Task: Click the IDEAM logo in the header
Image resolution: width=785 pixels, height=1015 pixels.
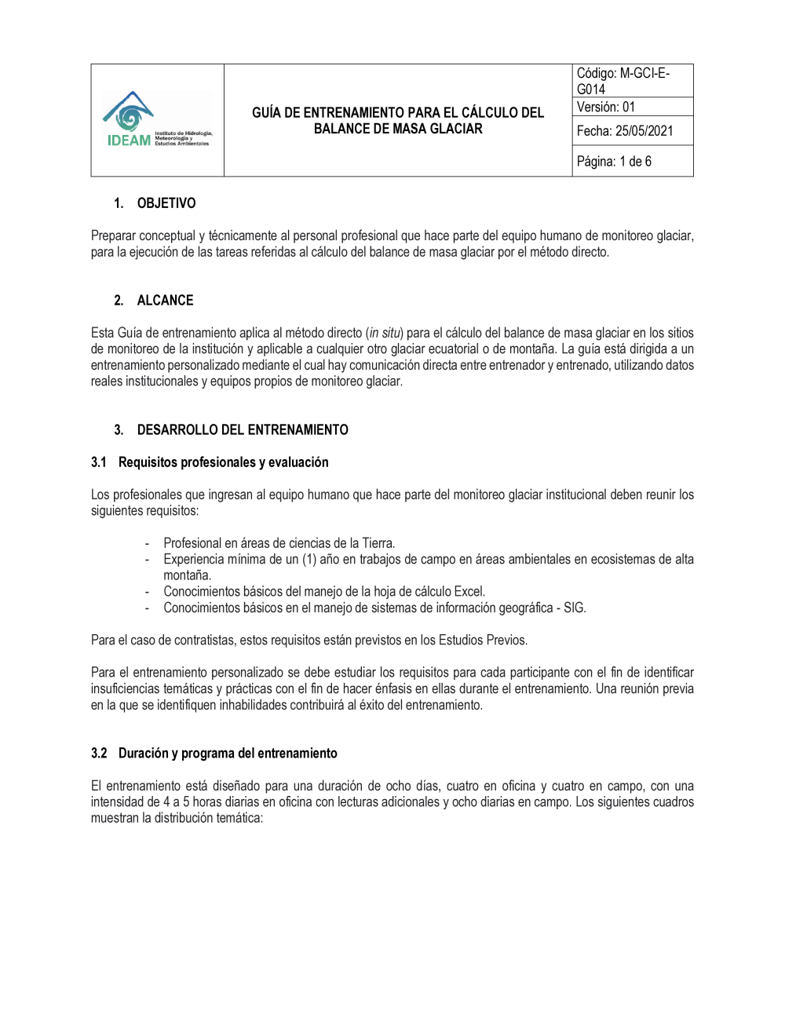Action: pos(156,119)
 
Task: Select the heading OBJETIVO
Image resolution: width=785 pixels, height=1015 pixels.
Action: pos(166,203)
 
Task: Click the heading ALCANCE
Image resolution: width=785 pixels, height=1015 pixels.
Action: pos(165,301)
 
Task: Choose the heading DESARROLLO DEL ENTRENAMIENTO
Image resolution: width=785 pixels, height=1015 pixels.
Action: pos(243,430)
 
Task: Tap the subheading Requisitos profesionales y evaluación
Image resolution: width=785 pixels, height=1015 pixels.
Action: pos(223,462)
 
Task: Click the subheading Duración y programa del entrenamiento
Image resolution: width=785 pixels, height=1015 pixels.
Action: pos(228,754)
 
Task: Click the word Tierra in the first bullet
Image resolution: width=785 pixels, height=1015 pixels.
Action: pos(378,543)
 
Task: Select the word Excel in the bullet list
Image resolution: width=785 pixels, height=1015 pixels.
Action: pos(469,592)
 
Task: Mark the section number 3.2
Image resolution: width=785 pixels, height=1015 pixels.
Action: pos(99,754)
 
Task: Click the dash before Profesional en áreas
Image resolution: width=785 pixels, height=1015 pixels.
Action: pos(147,543)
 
